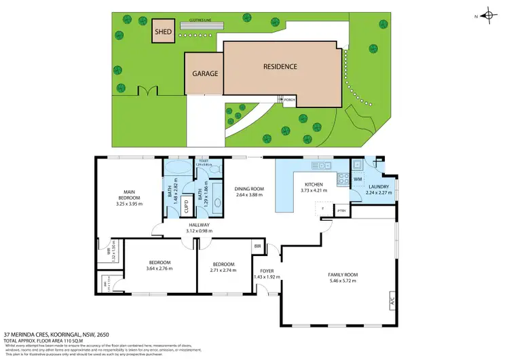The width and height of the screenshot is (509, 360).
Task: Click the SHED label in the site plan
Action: [163, 32]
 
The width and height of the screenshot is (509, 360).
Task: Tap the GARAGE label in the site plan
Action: [204, 73]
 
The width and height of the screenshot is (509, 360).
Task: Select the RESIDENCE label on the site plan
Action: [280, 67]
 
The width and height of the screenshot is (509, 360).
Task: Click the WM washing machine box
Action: [358, 179]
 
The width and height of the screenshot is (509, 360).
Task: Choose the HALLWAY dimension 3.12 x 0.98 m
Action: [199, 231]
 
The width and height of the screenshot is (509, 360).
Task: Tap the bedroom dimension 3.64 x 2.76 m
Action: [159, 268]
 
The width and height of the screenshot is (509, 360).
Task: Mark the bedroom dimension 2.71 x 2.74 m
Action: [223, 270]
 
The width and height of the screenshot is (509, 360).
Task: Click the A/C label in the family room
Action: [392, 301]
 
